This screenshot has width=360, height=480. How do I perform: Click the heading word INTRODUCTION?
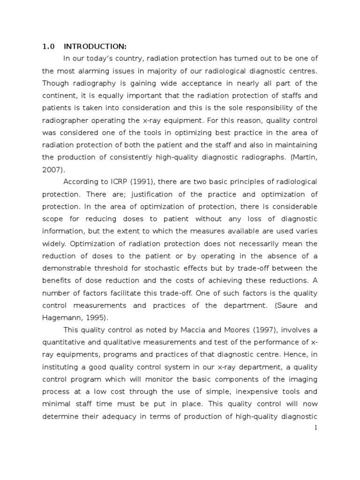tap(95, 46)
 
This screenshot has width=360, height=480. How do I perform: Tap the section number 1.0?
tap(49, 46)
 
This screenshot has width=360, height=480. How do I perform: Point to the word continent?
tap(59, 95)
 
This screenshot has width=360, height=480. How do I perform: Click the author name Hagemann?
tap(59, 317)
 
